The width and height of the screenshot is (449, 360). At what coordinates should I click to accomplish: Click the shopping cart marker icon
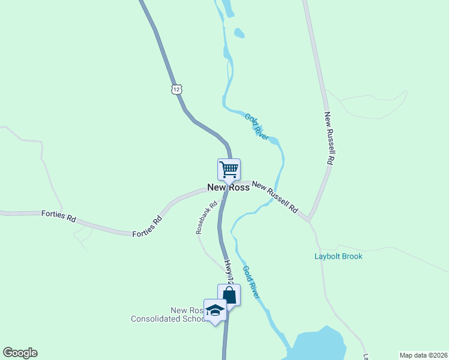pos(229,170)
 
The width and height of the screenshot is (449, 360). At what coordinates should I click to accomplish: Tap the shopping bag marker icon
pos(229,295)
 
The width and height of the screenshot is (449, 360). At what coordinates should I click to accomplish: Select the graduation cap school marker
pos(215,310)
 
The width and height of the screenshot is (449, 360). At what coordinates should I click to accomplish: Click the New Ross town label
pos(228,187)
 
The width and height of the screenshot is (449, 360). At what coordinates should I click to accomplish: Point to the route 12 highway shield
pos(175,89)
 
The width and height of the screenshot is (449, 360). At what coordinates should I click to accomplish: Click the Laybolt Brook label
pos(339,256)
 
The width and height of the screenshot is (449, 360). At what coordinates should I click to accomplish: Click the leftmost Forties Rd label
pos(59,216)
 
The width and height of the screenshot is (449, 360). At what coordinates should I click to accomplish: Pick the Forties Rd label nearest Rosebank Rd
pos(148,226)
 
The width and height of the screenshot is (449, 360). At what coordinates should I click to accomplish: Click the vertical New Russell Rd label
pos(328,139)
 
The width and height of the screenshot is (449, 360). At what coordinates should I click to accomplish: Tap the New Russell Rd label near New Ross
pos(275,197)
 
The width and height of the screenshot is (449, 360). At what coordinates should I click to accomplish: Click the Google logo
pos(20,353)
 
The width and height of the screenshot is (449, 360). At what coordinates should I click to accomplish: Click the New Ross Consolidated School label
pos(169,314)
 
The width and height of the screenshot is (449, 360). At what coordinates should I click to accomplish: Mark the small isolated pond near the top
pos(239,33)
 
